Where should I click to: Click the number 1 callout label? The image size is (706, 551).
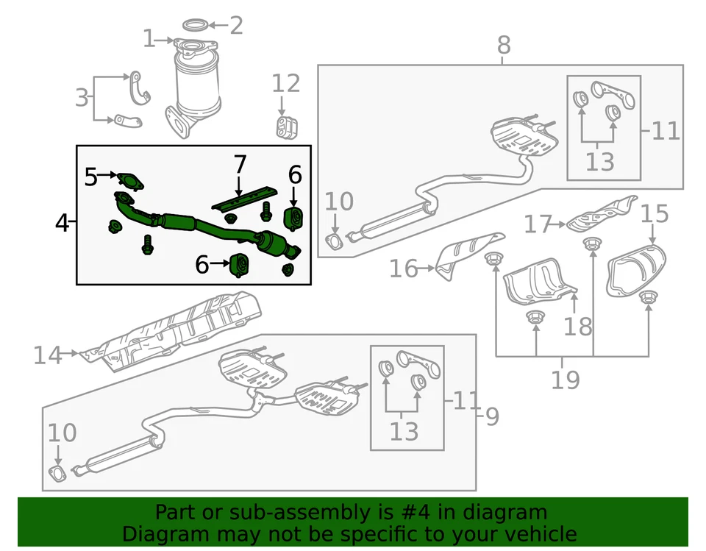click(x=149, y=38)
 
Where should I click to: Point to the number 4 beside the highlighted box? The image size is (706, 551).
click(x=63, y=221)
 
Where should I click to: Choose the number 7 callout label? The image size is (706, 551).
click(x=240, y=164)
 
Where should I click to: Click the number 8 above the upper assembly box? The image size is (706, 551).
click(x=503, y=45)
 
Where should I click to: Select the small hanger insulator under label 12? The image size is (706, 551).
click(x=283, y=127)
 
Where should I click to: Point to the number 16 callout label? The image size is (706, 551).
click(x=403, y=269)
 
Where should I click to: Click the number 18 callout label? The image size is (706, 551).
click(x=579, y=325)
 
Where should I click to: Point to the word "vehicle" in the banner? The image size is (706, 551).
click(x=541, y=534)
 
